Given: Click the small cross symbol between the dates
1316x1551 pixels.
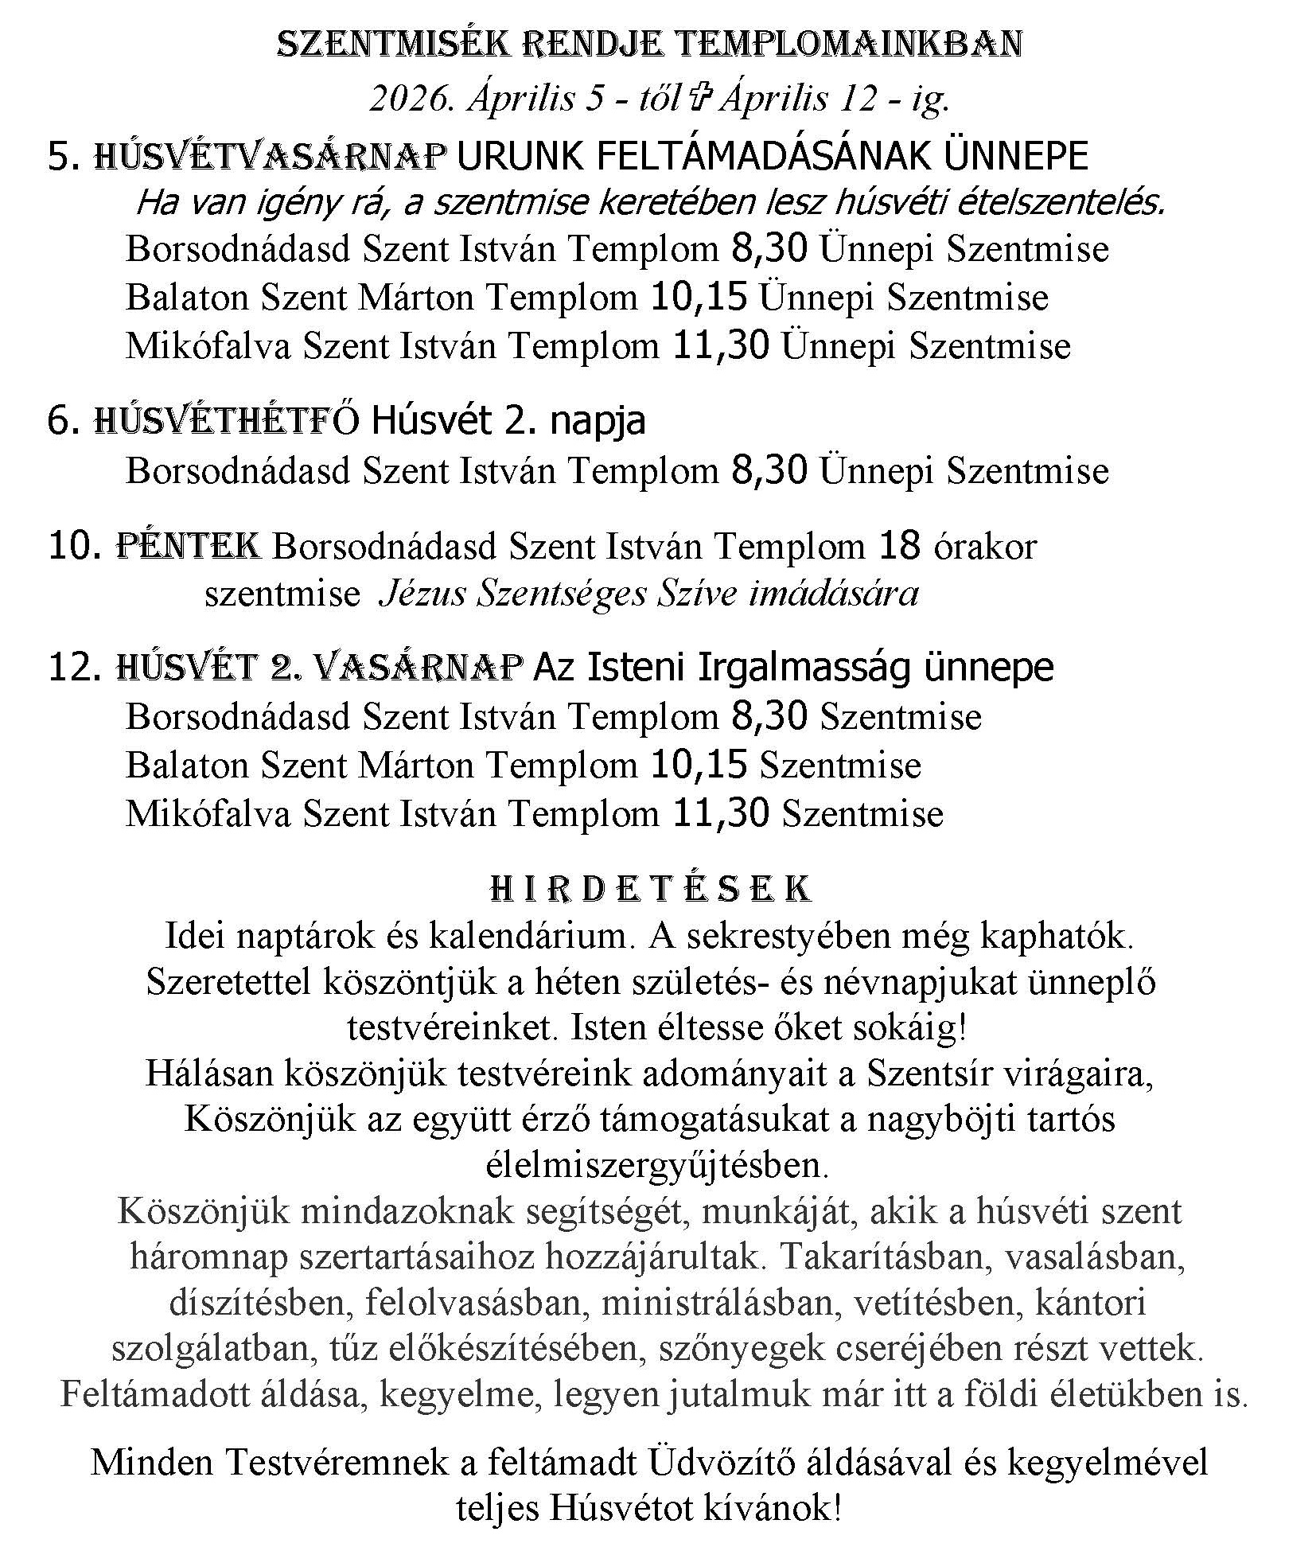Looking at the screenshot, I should (698, 99).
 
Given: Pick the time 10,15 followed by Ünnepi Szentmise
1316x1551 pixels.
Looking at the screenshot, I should (699, 298).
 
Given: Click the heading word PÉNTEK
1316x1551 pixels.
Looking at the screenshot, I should (189, 547).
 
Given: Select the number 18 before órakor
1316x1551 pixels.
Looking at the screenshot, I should (899, 547).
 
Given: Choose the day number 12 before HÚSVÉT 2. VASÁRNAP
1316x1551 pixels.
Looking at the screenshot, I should (72, 667).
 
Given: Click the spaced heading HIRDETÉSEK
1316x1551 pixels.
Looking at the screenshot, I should (651, 889).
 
